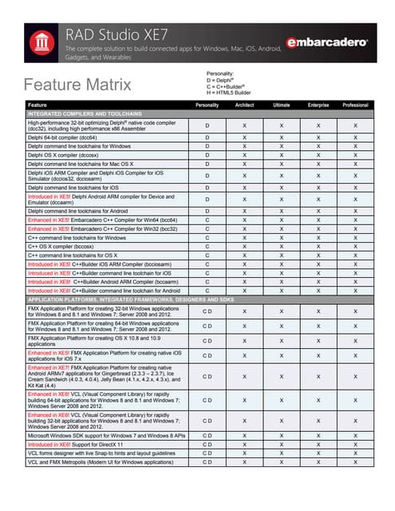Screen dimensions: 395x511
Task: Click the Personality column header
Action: point(207,105)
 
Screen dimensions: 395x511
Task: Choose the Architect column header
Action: point(245,105)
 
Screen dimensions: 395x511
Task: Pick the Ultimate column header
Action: point(281,105)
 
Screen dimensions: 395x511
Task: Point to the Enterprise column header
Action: point(318,105)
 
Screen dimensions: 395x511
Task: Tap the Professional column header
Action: point(355,105)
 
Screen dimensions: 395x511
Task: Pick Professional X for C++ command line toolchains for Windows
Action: point(355,238)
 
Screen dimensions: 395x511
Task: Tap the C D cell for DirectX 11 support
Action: point(207,443)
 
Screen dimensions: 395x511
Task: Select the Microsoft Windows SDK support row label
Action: point(106,434)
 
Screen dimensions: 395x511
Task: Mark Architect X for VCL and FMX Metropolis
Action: point(245,461)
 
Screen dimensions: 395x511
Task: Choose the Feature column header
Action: point(37,105)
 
